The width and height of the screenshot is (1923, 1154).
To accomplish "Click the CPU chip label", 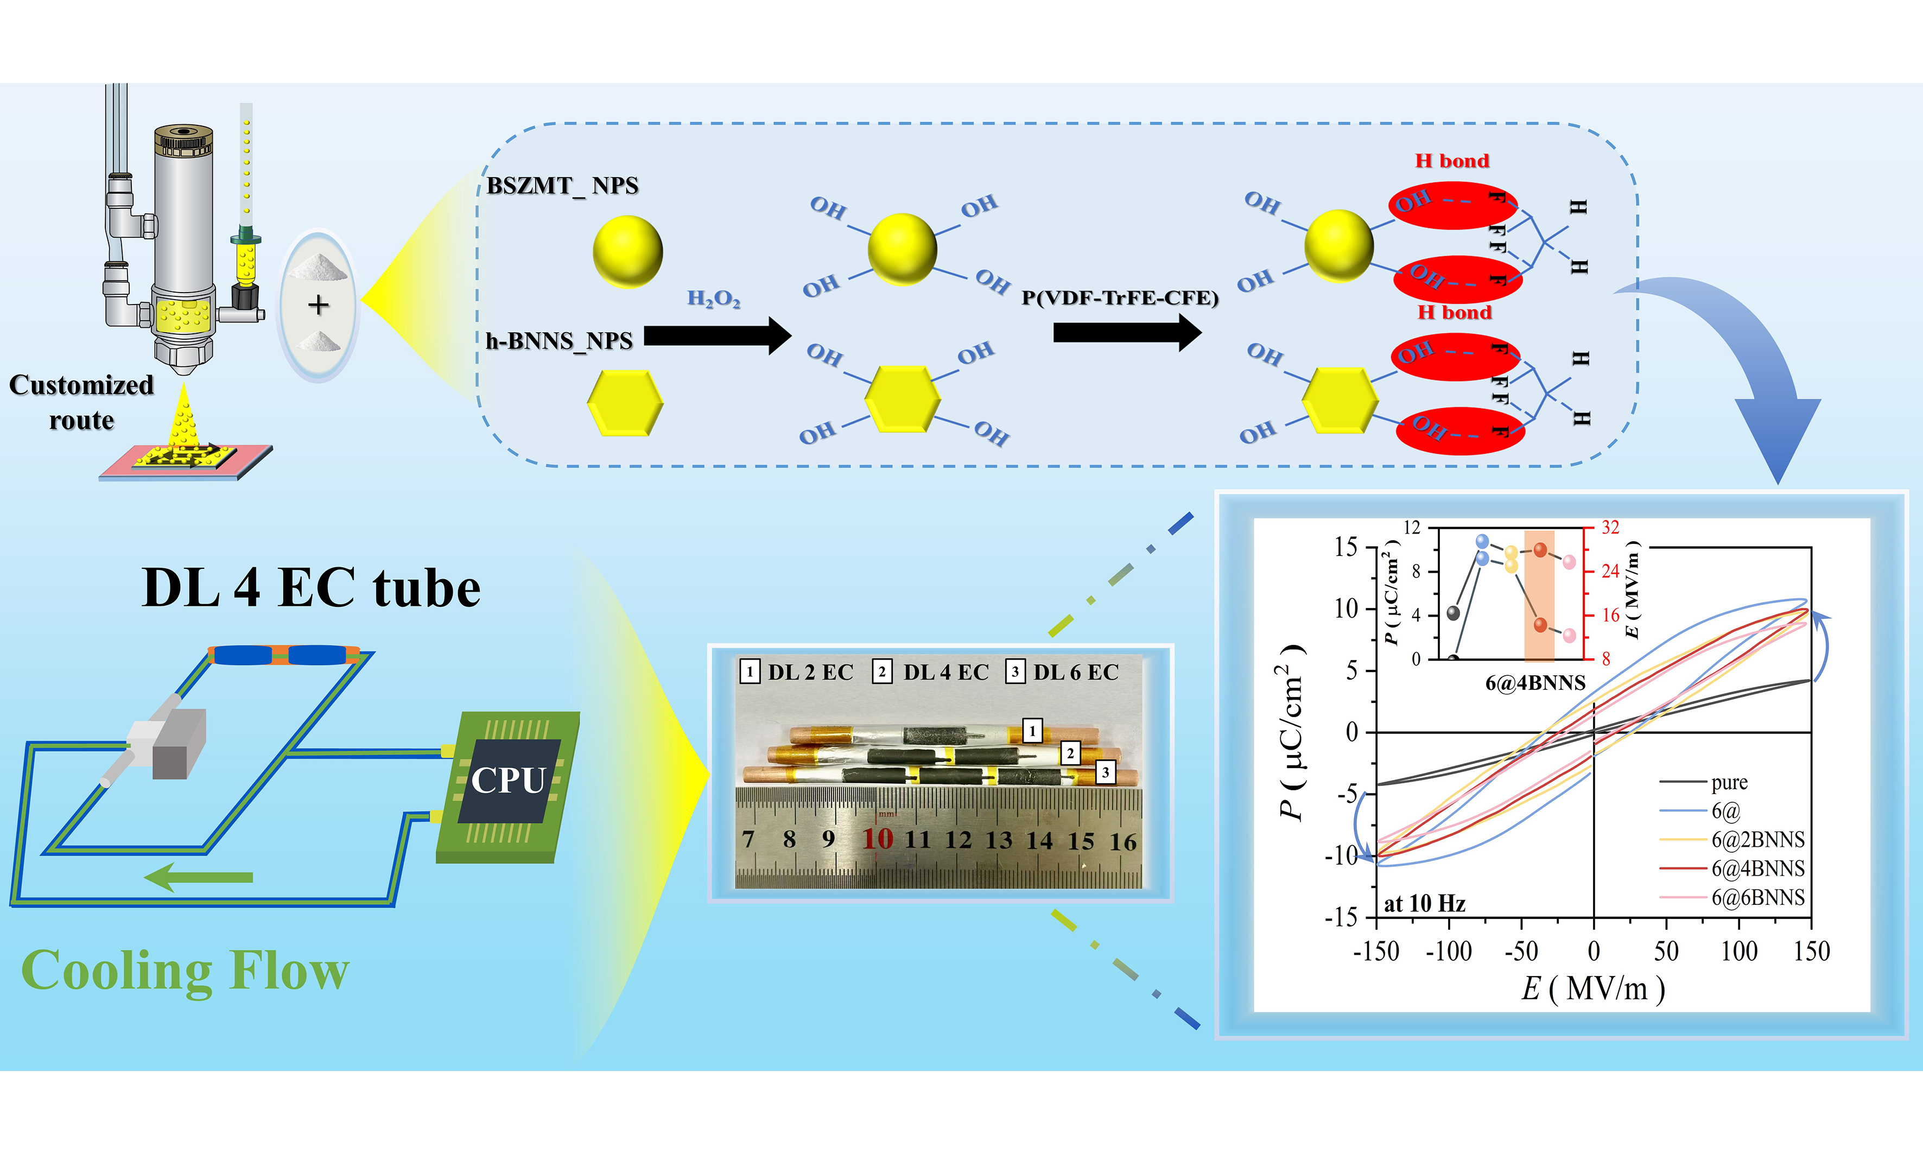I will (508, 780).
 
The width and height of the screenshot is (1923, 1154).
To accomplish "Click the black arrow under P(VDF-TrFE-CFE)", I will (1127, 333).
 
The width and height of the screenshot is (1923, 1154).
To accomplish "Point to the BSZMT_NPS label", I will (562, 186).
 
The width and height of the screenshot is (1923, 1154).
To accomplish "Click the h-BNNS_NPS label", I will (559, 340).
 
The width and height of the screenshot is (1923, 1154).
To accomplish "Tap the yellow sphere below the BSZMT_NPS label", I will (627, 251).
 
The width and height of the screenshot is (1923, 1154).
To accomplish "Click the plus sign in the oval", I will (318, 305).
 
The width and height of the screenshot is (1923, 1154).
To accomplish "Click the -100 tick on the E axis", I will (1449, 951).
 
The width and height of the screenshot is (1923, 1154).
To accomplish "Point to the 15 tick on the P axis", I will (1346, 548).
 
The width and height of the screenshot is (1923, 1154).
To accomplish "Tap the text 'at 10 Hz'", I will (1425, 904).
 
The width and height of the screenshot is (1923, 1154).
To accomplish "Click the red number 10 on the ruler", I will (878, 839).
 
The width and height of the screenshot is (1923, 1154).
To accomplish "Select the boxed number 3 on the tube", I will (1105, 772).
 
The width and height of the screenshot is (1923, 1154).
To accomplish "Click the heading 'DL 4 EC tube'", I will (311, 588).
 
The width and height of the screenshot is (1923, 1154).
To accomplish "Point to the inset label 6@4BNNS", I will (1535, 683).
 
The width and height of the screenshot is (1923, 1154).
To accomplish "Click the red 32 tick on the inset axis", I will (1610, 528).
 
